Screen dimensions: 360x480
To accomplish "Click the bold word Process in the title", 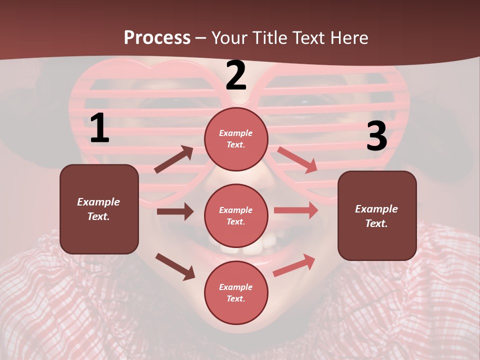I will [x=157, y=37].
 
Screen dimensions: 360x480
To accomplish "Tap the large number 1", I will [x=99, y=128].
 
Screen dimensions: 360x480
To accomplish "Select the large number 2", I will [x=236, y=75].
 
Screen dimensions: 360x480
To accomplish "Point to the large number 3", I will [x=376, y=136].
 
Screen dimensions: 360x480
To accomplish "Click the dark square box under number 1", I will [x=99, y=209].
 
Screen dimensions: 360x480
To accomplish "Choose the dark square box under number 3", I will [x=377, y=215].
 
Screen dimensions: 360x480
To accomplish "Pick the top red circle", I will [x=236, y=139].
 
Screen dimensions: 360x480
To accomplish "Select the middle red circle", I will [x=236, y=216].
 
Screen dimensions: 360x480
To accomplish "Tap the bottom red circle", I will [x=236, y=293].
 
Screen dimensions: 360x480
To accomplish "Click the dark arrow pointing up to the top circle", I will [x=174, y=159].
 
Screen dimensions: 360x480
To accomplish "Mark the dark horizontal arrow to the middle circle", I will [x=175, y=211].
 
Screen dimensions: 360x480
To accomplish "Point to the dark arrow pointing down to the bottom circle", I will [x=175, y=266].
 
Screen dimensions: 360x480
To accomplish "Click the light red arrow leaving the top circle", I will [x=297, y=159].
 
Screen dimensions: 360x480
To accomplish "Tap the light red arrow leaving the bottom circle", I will [x=294, y=265].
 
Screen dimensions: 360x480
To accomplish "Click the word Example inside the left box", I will [x=98, y=202].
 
